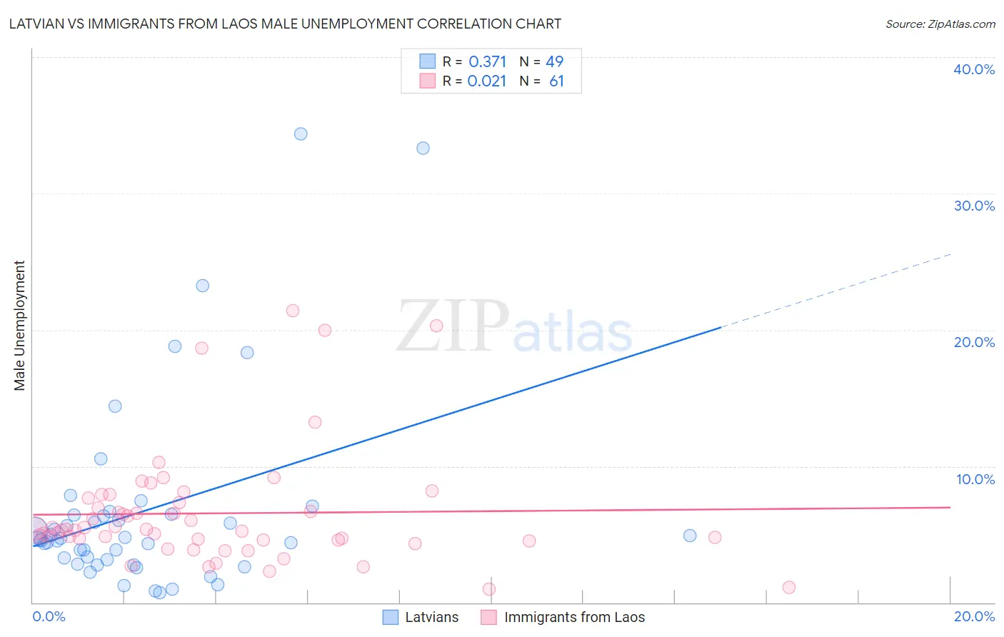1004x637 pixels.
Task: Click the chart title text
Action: [x=285, y=24]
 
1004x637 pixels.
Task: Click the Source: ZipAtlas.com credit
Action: [x=940, y=24]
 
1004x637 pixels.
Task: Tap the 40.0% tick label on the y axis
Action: [x=973, y=69]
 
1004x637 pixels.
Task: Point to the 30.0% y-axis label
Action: [x=973, y=206]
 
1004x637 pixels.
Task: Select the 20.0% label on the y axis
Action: [x=973, y=342]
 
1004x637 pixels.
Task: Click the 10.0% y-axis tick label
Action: [x=975, y=479]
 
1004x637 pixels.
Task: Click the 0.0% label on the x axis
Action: [x=49, y=616]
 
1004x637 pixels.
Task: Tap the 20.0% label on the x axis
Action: [x=974, y=616]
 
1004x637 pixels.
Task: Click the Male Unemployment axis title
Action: [x=20, y=326]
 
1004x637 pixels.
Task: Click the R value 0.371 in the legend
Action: [x=487, y=62]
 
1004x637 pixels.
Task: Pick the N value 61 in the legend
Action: [x=556, y=81]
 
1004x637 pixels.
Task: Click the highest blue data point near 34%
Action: [x=301, y=134]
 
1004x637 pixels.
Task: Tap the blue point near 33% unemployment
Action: [x=423, y=148]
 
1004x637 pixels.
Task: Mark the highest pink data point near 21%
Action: [x=292, y=311]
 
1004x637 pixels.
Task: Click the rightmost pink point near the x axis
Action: [x=788, y=587]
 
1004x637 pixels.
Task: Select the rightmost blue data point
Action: [x=689, y=536]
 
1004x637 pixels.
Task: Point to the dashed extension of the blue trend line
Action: [x=835, y=291]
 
